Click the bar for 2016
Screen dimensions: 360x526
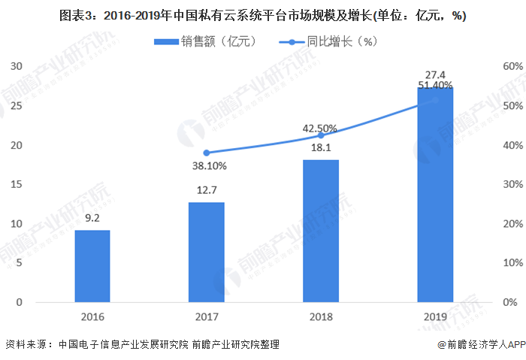[92, 266]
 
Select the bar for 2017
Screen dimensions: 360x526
[206, 253]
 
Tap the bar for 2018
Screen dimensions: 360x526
[321, 231]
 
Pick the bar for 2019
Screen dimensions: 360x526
[435, 195]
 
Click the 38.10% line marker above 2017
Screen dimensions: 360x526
[207, 153]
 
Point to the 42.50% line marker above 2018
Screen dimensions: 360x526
[321, 135]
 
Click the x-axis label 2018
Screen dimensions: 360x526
[321, 316]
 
